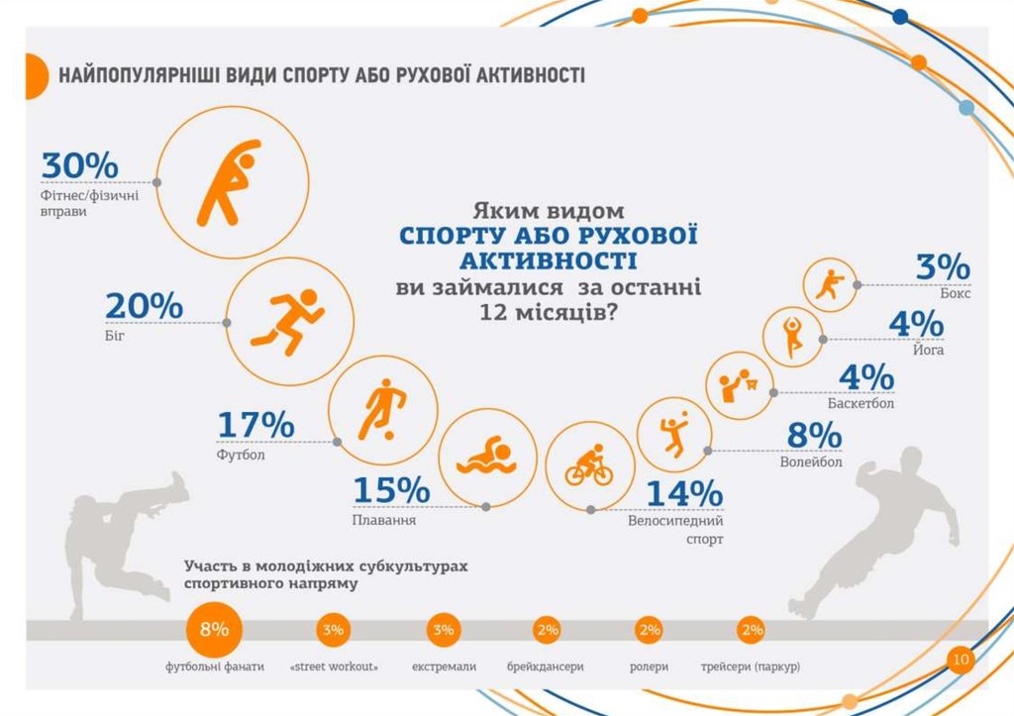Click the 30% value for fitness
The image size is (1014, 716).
(x=79, y=165)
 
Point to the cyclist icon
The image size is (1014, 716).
(x=589, y=464)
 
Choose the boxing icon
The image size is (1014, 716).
(x=827, y=285)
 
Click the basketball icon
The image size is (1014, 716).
(x=737, y=384)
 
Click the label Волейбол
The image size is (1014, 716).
(x=811, y=461)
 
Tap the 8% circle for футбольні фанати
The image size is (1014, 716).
(x=214, y=630)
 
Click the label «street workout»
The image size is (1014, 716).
(x=334, y=666)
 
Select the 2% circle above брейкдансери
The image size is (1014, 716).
(x=547, y=630)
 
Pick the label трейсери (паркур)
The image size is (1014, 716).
(x=750, y=666)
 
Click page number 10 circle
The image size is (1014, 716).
(x=960, y=660)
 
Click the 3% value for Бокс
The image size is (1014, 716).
(x=942, y=266)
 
